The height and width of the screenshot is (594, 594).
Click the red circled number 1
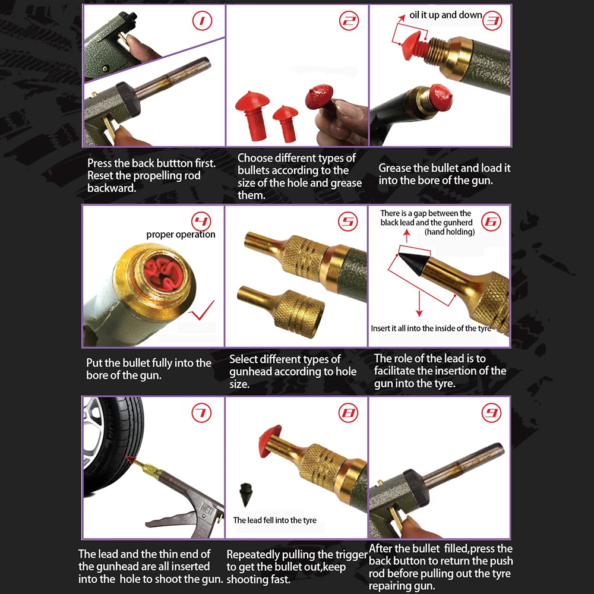pyautogui.click(x=202, y=21)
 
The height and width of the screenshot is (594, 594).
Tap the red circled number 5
pyautogui.click(x=347, y=221)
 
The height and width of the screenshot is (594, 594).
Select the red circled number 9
pyautogui.click(x=491, y=413)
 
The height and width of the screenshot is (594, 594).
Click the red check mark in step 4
pyautogui.click(x=202, y=310)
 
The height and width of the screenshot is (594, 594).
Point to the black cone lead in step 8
pyautogui.click(x=245, y=494)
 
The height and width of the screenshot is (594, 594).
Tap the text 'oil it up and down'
pyautogui.click(x=445, y=15)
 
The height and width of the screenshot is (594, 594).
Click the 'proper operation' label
pyautogui.click(x=181, y=235)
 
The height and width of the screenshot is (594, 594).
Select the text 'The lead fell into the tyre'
pyautogui.click(x=274, y=520)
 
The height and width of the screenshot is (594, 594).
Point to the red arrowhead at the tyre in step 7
pyautogui.click(x=131, y=460)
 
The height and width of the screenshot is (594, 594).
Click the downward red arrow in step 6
pyautogui.click(x=419, y=303)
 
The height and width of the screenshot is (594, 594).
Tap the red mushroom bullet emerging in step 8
pyautogui.click(x=270, y=441)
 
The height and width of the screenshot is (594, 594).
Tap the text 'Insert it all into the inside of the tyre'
pyautogui.click(x=431, y=328)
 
